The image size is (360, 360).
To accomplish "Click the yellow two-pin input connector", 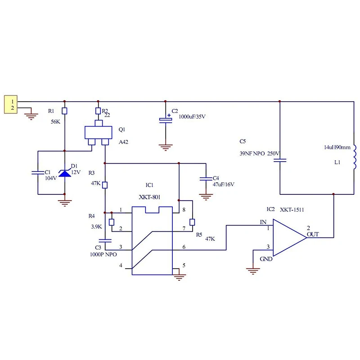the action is [x=10, y=104].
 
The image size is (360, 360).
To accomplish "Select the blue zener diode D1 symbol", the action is [x=65, y=173].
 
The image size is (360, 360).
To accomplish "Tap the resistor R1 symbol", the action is [x=64, y=111].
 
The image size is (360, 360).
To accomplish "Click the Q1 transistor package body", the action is [x=98, y=132].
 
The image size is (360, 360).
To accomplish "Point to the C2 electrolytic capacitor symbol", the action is [x=166, y=120].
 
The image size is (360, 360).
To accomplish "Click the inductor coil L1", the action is [x=355, y=157].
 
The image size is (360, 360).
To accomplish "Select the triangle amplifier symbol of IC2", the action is [x=290, y=238].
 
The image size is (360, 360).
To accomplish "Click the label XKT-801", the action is [x=149, y=197].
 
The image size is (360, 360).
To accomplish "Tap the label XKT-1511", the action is [x=292, y=210].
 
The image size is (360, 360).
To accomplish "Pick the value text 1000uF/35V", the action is [x=192, y=117].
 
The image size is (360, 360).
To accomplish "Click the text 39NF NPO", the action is [x=252, y=153].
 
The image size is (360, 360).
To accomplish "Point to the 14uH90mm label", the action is [x=337, y=148].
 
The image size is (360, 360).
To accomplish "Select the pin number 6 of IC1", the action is [x=184, y=247].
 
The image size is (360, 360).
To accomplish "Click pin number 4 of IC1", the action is [x=121, y=265].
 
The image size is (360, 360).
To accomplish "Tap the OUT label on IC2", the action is [x=313, y=234].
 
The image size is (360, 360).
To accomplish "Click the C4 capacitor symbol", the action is [x=206, y=179].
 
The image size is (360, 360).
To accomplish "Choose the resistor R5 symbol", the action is [x=192, y=222].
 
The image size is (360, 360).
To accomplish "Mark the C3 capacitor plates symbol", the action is [x=105, y=241].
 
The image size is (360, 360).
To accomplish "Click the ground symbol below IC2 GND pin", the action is [x=253, y=271].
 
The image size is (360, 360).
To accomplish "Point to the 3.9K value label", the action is [x=96, y=227].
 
